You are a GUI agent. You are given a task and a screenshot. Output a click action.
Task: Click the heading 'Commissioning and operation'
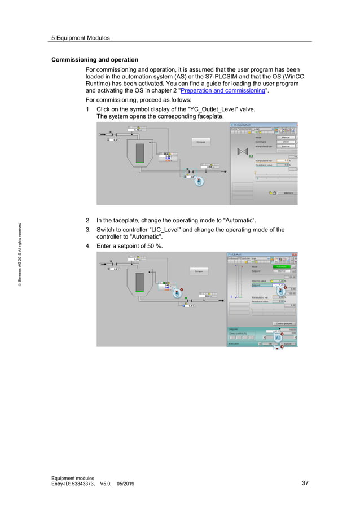[94, 60]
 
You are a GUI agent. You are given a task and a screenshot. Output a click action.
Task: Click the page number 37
[305, 483]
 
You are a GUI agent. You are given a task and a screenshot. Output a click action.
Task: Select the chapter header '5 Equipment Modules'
[80, 38]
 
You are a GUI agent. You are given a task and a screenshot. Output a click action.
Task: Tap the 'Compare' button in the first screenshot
[201, 142]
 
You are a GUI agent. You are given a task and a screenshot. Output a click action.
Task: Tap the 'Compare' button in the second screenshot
[199, 271]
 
